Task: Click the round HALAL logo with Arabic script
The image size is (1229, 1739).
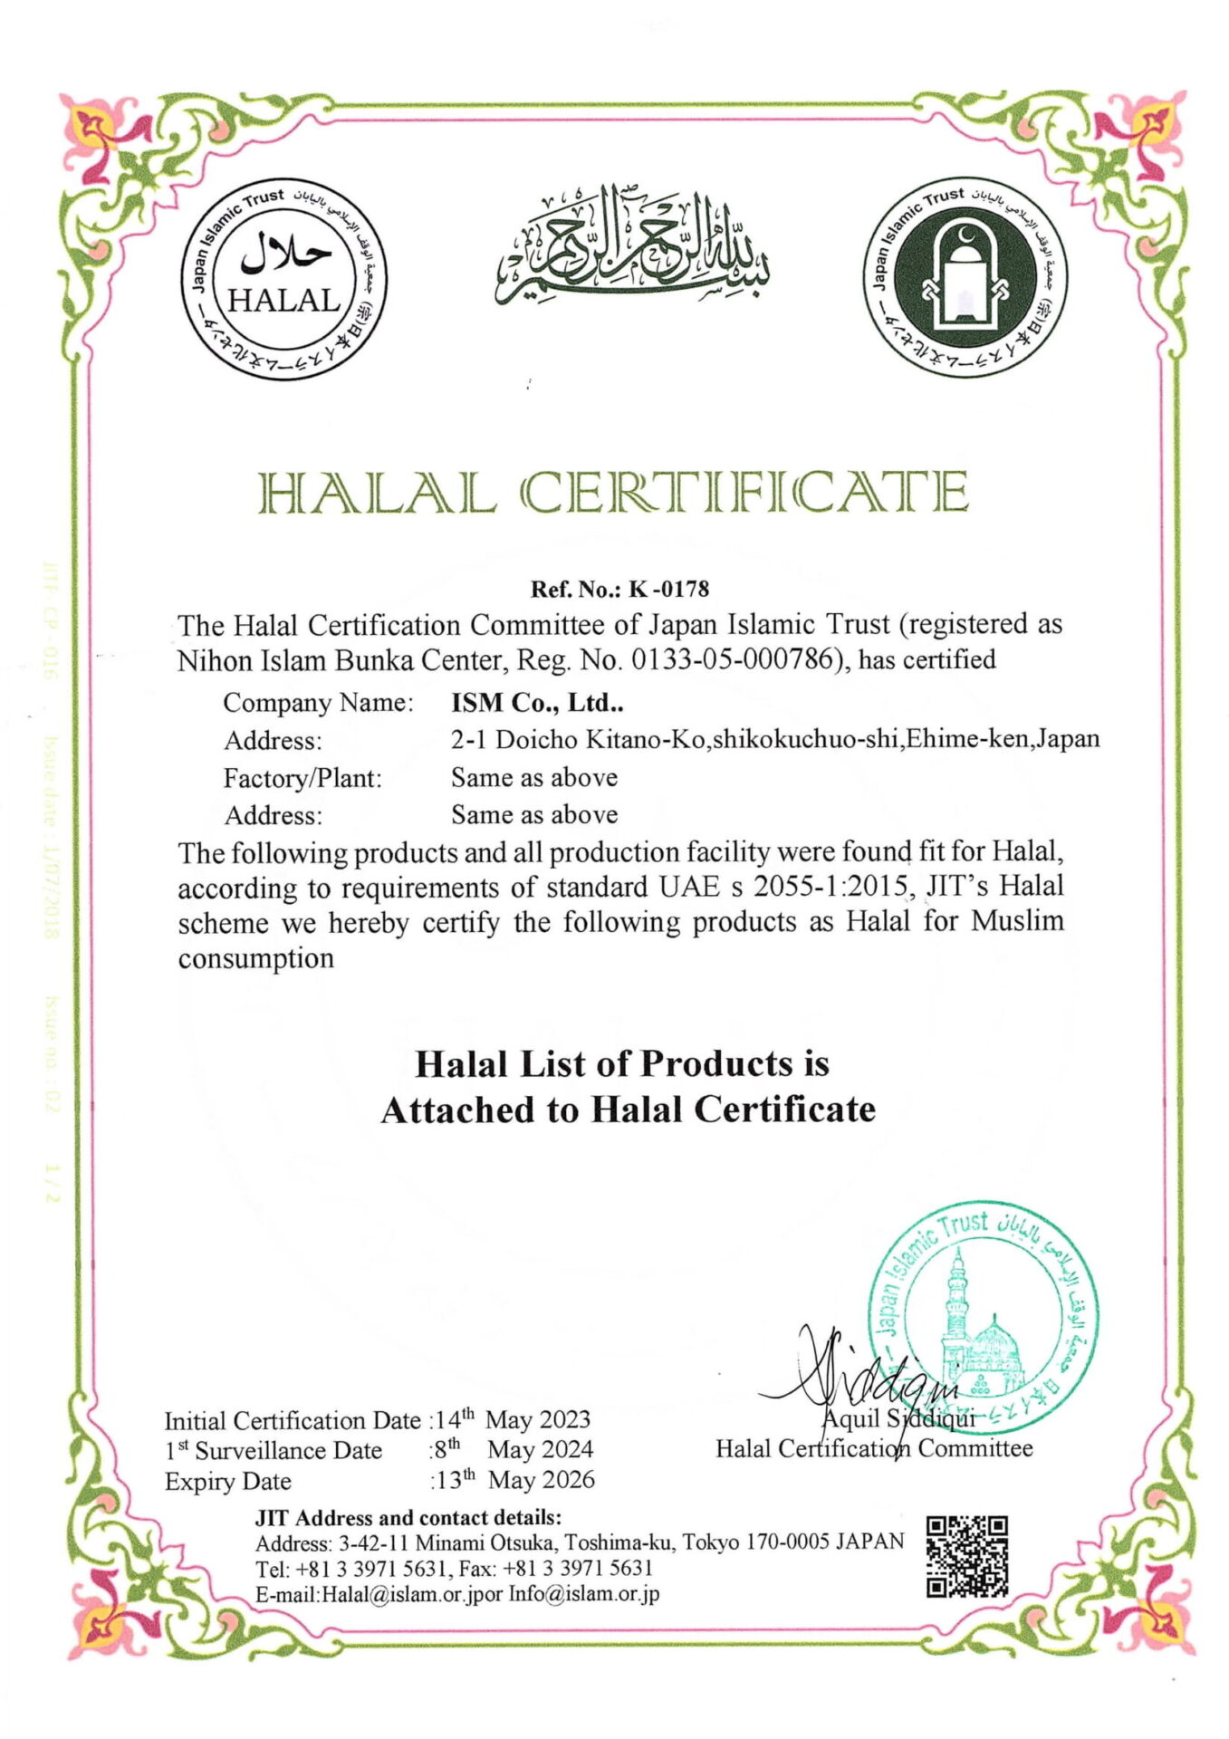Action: pyautogui.click(x=283, y=279)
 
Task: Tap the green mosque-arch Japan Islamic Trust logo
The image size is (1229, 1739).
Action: pyautogui.click(x=964, y=277)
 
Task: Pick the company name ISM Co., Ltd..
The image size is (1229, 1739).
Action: pyautogui.click(x=537, y=703)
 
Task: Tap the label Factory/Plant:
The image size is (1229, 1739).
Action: pyautogui.click(x=302, y=778)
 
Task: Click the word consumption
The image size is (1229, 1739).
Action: pyautogui.click(x=255, y=958)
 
